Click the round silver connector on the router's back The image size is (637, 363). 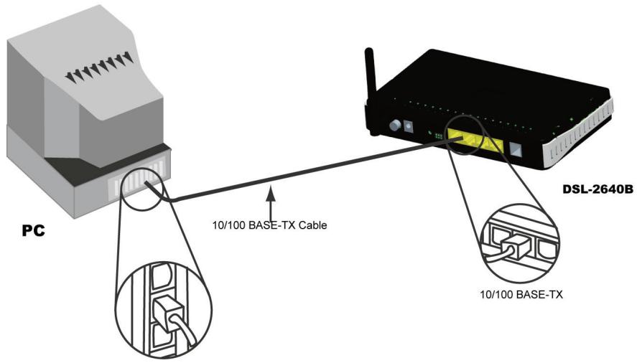pos(394,126)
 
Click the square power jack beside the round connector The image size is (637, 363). pos(410,127)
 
